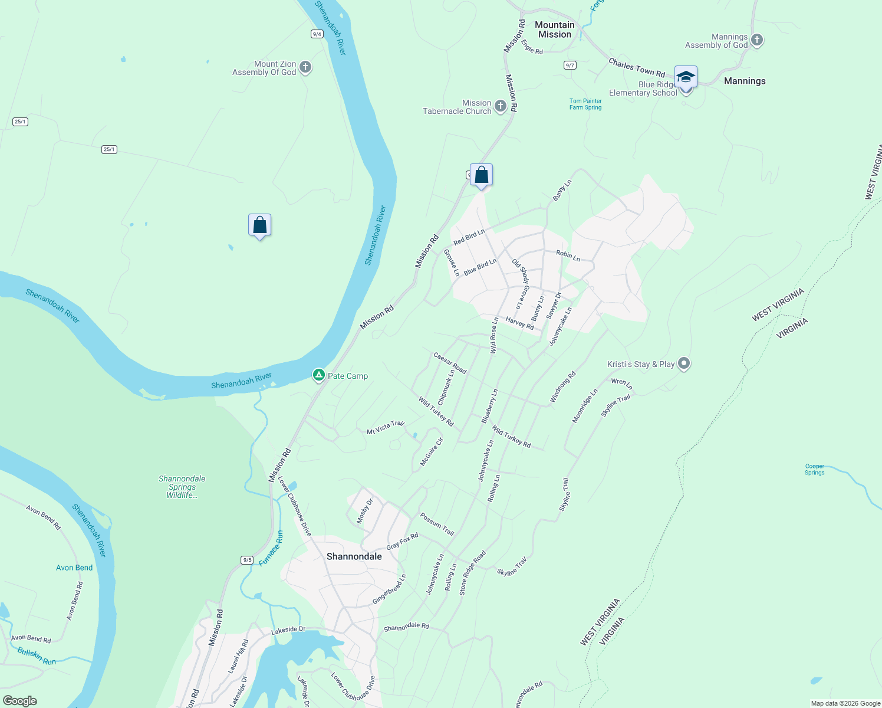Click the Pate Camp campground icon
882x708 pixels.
(318, 375)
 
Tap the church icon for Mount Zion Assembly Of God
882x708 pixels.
(305, 67)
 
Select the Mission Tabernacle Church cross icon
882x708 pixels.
(500, 106)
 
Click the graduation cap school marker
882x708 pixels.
(686, 77)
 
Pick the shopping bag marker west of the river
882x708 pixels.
(259, 225)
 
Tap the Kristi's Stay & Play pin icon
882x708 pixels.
(684, 363)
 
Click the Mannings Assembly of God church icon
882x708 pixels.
(757, 40)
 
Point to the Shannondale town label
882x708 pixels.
(354, 556)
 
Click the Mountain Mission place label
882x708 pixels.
(554, 29)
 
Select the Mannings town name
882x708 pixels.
(745, 81)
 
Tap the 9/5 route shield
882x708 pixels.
(247, 560)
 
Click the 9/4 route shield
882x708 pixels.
(317, 34)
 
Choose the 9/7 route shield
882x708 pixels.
(570, 65)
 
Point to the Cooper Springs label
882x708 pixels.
(815, 469)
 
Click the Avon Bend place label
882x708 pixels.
(74, 568)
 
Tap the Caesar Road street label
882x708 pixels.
(450, 363)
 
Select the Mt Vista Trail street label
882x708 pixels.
(386, 428)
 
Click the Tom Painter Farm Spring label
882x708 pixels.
(585, 104)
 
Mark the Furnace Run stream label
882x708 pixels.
(271, 549)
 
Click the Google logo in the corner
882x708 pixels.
(20, 701)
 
